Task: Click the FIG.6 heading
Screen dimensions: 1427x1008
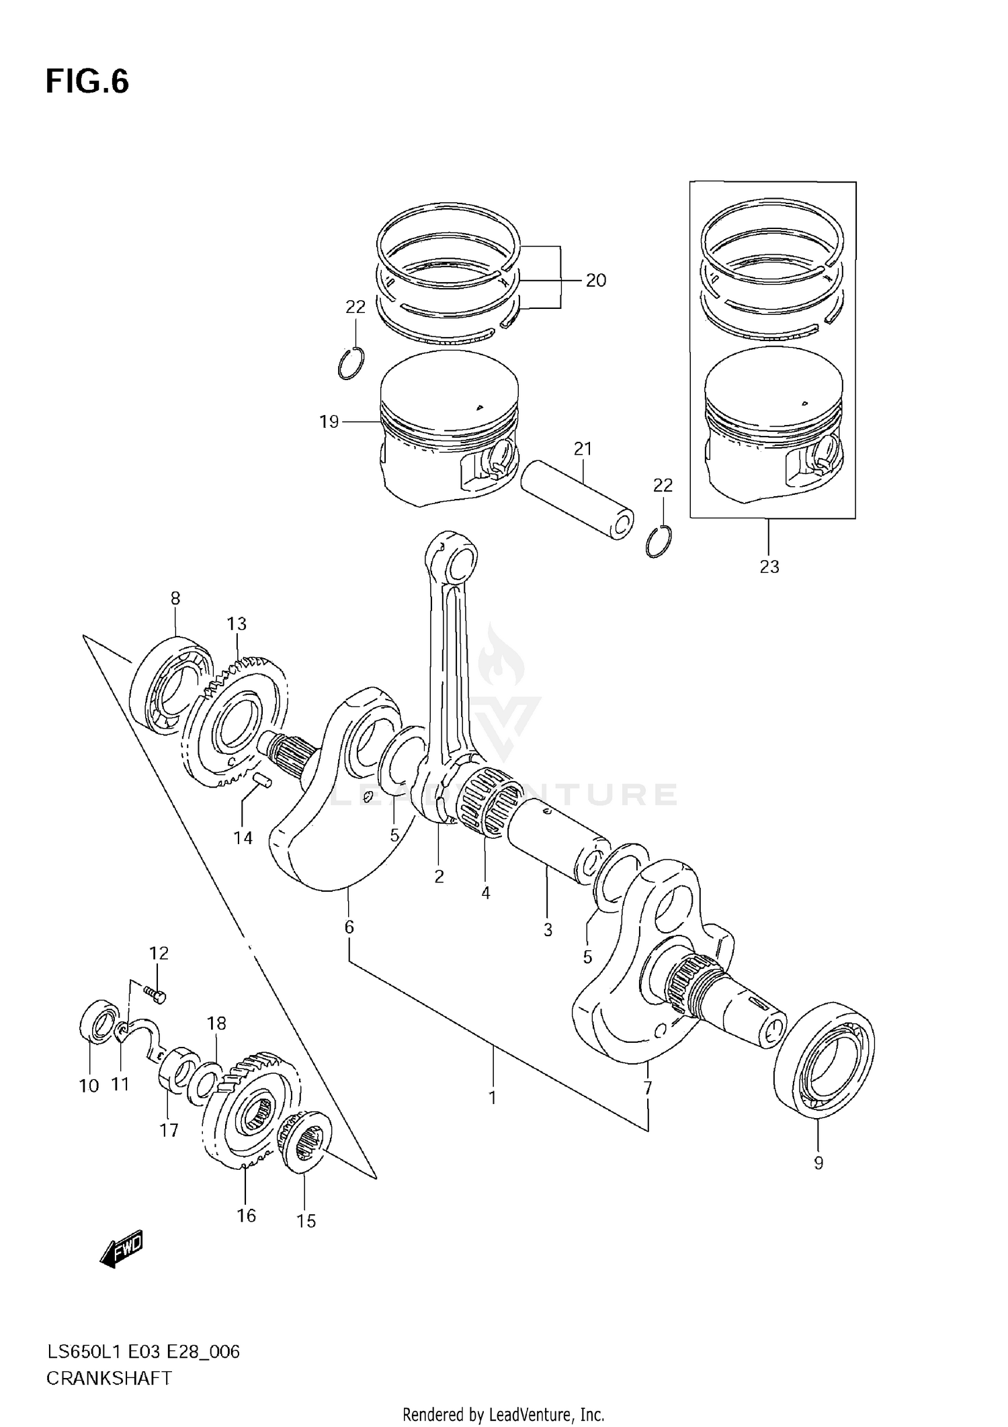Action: point(87,82)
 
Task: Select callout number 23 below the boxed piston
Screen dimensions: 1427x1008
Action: point(769,567)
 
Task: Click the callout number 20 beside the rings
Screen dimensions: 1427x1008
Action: point(595,280)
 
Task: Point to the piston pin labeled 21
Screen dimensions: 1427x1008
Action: point(578,500)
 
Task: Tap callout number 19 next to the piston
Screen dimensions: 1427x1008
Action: point(329,422)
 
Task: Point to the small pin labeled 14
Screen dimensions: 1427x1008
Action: point(263,780)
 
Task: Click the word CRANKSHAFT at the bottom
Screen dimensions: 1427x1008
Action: point(108,1378)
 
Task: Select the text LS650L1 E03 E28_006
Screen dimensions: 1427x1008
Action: point(142,1351)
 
